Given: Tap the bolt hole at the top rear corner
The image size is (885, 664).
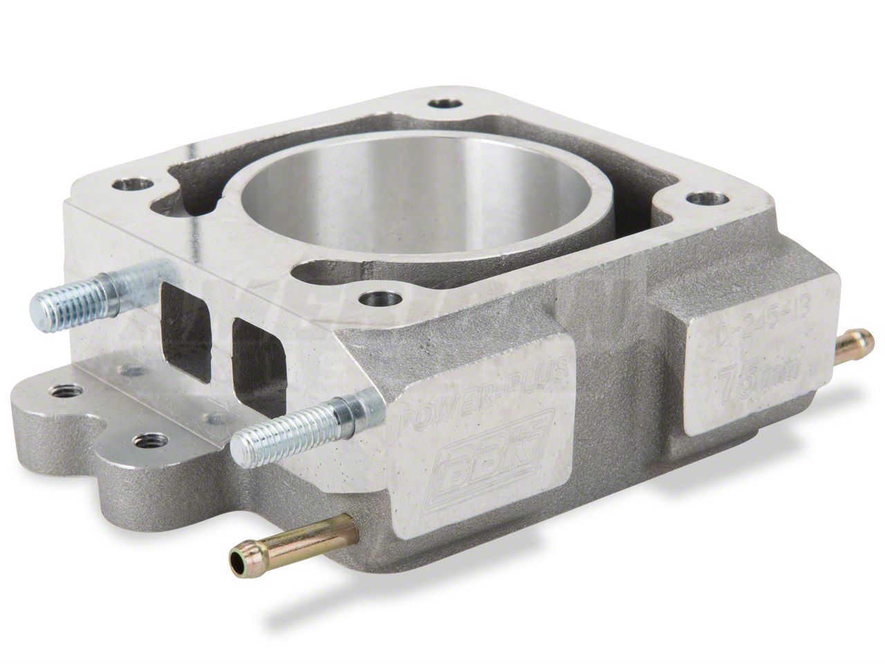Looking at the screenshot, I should pyautogui.click(x=441, y=104).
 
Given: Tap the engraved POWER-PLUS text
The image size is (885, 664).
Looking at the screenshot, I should pyautogui.click(x=487, y=391).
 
